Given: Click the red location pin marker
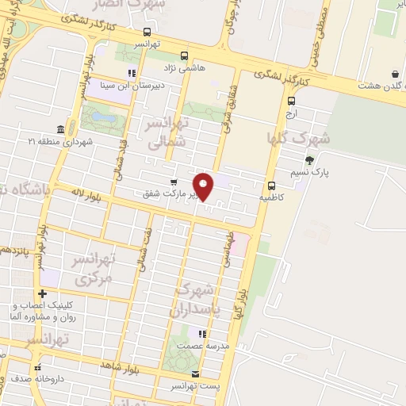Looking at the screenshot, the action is [x=204, y=186].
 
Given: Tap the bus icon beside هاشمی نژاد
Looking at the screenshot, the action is [x=185, y=56].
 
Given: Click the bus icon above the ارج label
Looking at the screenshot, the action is [x=292, y=101].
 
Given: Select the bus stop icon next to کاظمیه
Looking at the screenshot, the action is [x=271, y=184].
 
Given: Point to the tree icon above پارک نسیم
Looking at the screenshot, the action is [x=309, y=159].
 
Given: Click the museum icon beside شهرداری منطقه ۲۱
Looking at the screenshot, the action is [x=61, y=129].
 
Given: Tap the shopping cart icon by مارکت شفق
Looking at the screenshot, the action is [x=174, y=182].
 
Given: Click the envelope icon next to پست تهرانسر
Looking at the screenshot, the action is [x=196, y=373].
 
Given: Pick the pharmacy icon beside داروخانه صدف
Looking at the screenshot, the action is [x=37, y=366].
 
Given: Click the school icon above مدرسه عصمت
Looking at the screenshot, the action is [x=202, y=334].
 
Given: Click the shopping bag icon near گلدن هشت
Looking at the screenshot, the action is [x=395, y=75].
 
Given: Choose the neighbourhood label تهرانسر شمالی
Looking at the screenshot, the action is [x=167, y=132].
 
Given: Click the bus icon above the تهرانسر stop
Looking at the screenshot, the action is [x=145, y=33].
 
